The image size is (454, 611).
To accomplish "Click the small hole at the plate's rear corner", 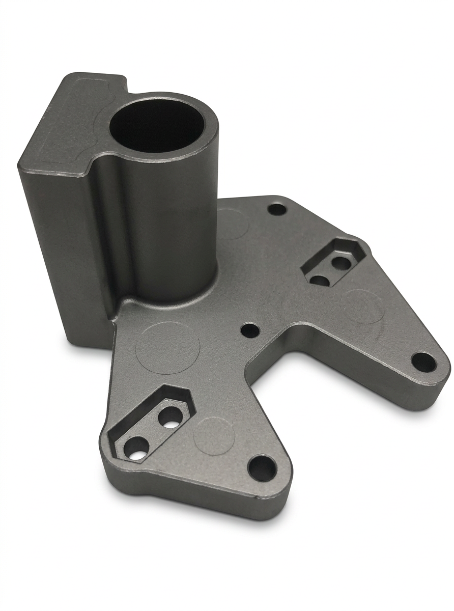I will pos(277,209).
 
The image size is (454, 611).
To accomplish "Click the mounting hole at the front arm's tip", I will pos(262,468).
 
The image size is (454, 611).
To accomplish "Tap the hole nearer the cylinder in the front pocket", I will pos(169,417).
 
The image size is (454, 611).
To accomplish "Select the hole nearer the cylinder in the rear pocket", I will pos(319,280).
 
